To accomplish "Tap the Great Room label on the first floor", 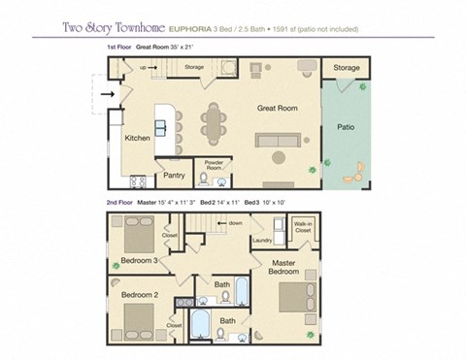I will click(276, 110).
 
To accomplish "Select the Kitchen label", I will click(137, 138).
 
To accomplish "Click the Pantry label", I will click(174, 176).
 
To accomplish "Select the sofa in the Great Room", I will click(281, 140).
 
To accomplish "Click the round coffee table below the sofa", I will click(280, 156).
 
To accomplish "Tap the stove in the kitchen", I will click(137, 180).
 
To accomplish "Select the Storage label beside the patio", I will click(347, 68).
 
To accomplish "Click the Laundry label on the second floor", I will click(261, 240).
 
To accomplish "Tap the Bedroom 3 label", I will click(139, 261).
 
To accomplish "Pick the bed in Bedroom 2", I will click(140, 318).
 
